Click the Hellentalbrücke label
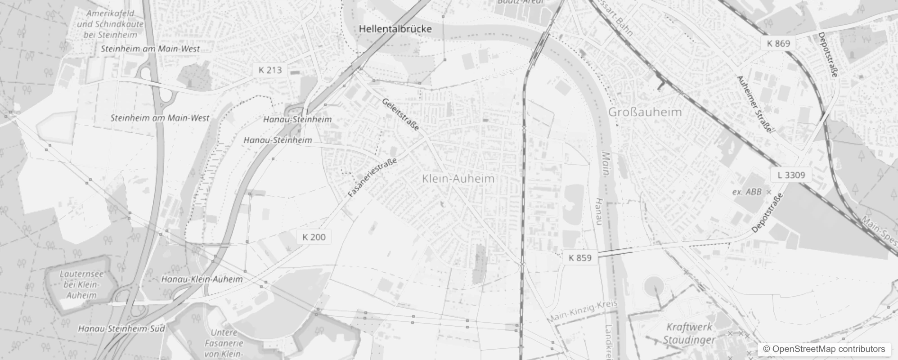[395, 29]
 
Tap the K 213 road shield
[270, 70]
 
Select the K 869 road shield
[778, 43]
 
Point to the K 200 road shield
[314, 237]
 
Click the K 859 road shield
[580, 258]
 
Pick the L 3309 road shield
[791, 175]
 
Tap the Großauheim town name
[645, 112]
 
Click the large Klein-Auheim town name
[458, 179]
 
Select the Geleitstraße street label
[400, 114]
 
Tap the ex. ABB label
[747, 192]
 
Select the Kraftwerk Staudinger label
[689, 333]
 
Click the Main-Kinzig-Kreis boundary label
[582, 311]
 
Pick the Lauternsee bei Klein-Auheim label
[81, 284]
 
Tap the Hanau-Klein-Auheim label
[202, 279]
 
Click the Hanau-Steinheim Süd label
[121, 329]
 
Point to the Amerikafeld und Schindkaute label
[110, 24]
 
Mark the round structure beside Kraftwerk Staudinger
[653, 286]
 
